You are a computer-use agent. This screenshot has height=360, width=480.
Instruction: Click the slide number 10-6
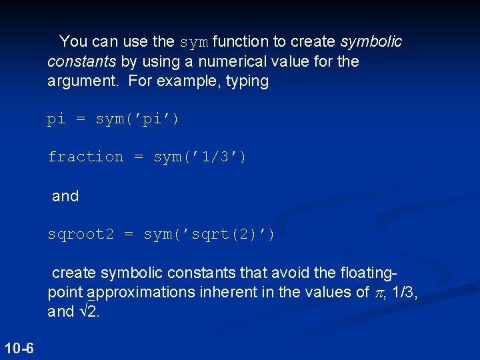coord(19,347)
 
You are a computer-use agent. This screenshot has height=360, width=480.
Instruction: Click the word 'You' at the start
coord(74,41)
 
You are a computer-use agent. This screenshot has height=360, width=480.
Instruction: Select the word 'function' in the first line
coord(241,41)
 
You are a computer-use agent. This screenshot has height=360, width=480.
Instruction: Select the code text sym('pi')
coord(137,119)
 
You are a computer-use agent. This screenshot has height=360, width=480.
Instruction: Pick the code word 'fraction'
coord(85,157)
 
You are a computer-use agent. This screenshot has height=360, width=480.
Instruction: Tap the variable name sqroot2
coord(81,234)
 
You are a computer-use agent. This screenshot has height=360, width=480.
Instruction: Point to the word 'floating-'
coord(366,272)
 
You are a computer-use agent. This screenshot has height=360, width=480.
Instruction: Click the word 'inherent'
coord(215,292)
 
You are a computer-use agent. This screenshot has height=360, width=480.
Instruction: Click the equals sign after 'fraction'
coord(139,157)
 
